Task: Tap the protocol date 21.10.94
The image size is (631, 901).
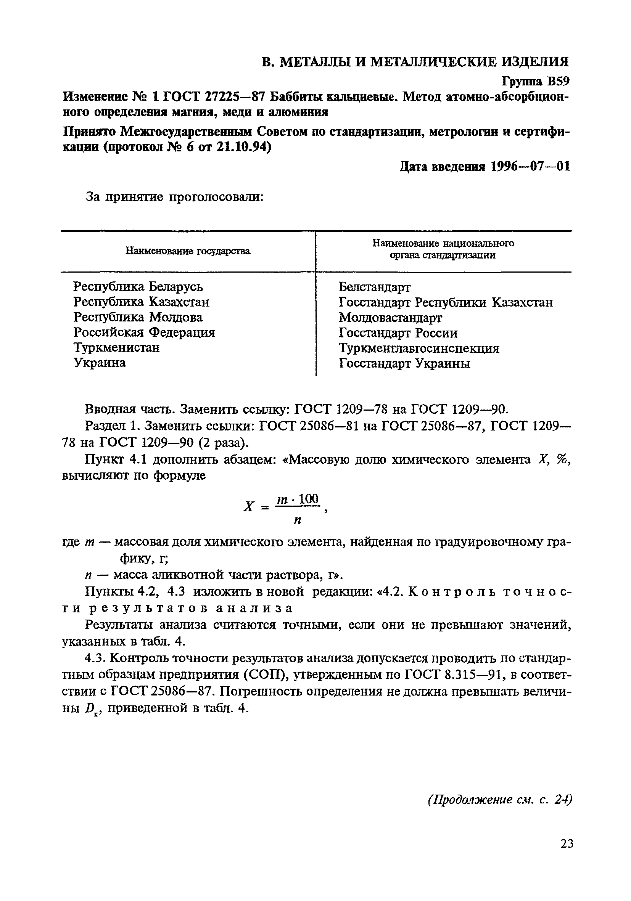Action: pos(241,148)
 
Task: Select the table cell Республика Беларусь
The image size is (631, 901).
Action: pos(138,286)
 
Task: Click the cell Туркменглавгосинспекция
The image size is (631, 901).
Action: pos(419,348)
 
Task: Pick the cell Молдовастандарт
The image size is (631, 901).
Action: pos(390,318)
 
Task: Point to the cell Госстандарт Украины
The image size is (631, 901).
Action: pos(404,363)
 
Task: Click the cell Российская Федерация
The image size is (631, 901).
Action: pos(144,333)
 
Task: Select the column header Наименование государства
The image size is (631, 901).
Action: pos(188,251)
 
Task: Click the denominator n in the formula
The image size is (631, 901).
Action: pos(297,521)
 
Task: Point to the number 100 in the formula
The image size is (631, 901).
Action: pos(309,499)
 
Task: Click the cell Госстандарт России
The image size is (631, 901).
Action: pos(398,333)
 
